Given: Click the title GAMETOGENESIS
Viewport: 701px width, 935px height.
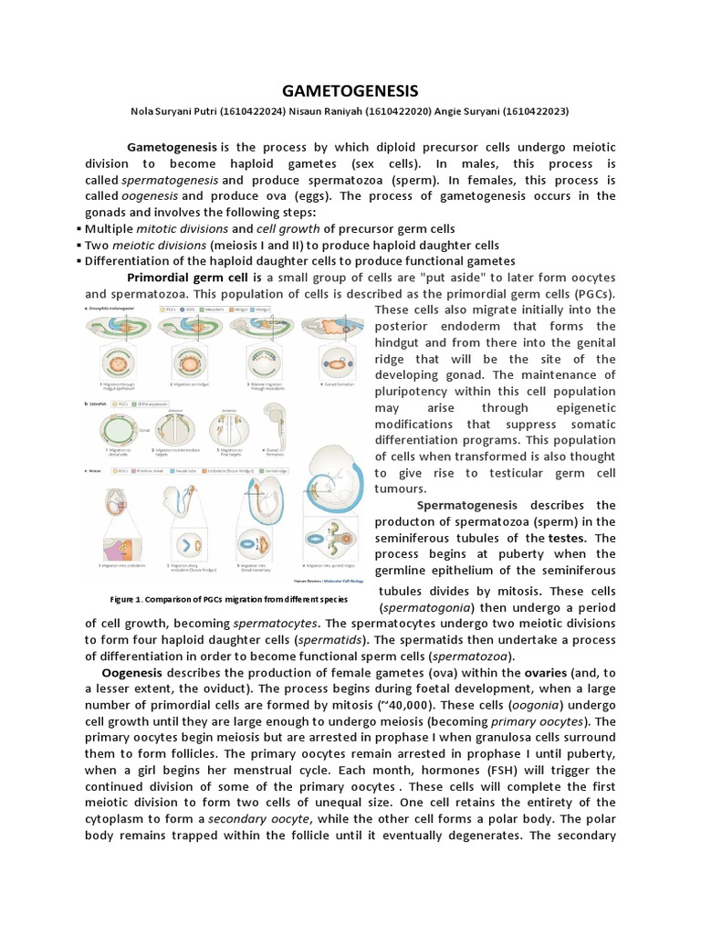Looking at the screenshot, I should coord(350,90).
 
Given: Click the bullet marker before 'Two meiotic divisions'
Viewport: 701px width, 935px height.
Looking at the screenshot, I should coord(79,246).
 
